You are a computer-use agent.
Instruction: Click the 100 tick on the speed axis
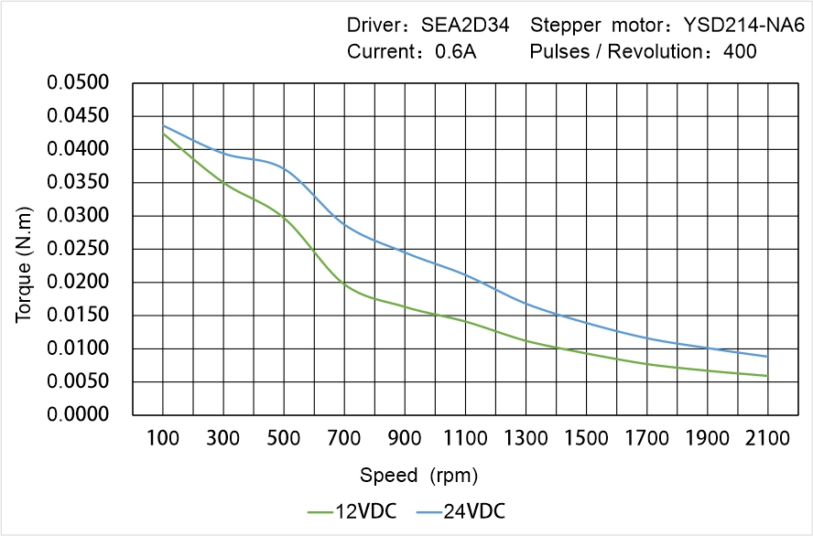pos(163,438)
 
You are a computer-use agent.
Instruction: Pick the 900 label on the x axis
pos(405,438)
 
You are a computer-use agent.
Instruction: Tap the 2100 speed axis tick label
pos(767,438)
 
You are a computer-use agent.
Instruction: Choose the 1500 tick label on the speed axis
pos(586,438)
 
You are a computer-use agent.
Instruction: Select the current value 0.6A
pos(455,51)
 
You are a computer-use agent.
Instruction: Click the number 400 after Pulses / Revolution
pos(740,51)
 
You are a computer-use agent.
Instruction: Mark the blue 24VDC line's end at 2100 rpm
pos(767,357)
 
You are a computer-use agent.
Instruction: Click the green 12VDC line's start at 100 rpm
pos(163,134)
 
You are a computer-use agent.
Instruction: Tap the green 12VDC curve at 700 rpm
pos(344,284)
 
